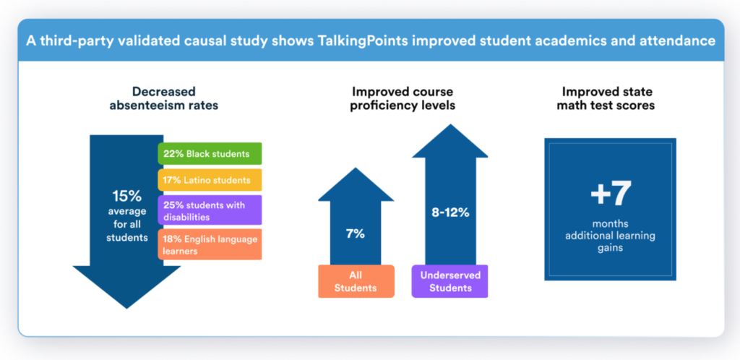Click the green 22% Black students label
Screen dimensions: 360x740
(x=210, y=153)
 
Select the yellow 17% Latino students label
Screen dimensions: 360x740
(x=210, y=179)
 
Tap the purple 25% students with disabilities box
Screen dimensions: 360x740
(x=210, y=210)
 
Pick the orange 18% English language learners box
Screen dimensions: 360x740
(x=210, y=244)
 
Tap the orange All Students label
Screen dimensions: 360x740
(x=356, y=281)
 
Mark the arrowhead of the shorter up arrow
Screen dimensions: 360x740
(x=356, y=184)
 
